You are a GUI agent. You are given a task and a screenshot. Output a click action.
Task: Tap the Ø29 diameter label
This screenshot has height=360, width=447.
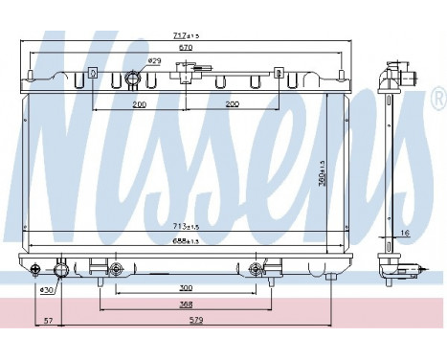(x=155, y=61)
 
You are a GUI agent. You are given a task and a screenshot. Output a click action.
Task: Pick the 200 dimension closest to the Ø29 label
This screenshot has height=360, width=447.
(x=140, y=103)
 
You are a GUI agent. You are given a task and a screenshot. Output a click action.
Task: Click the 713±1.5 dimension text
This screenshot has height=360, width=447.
(x=186, y=227)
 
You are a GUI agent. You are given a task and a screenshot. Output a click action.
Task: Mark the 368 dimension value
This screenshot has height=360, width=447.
(x=186, y=305)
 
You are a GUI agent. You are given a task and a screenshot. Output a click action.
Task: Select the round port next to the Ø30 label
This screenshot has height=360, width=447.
(x=63, y=269)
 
